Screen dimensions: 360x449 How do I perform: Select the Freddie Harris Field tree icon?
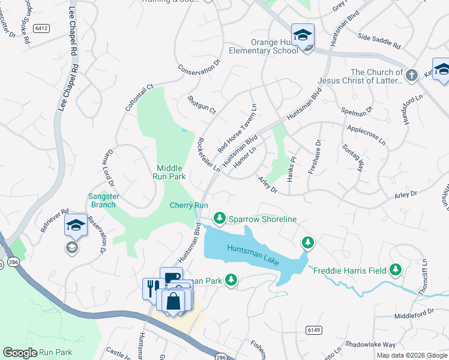[x=395, y=270]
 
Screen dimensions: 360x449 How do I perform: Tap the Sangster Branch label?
[x=103, y=200]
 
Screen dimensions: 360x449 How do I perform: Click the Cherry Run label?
[x=188, y=205]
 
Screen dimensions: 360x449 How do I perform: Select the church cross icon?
[x=411, y=76]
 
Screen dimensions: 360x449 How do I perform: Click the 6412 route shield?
[x=41, y=28]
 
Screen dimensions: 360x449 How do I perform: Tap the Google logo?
[x=20, y=353]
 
